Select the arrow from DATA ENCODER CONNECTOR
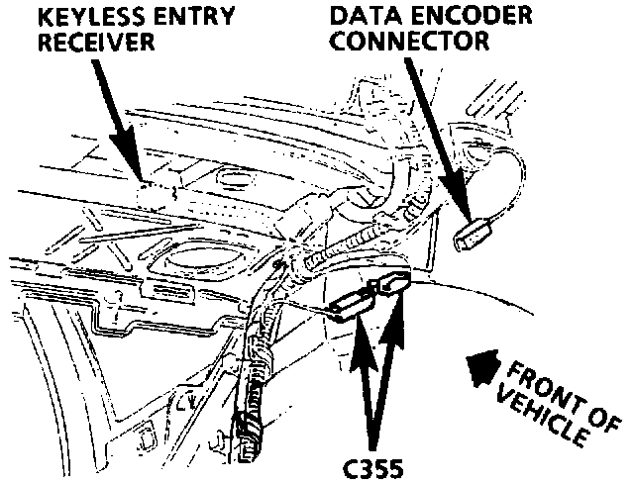point(436,139)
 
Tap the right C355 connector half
point(392,285)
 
